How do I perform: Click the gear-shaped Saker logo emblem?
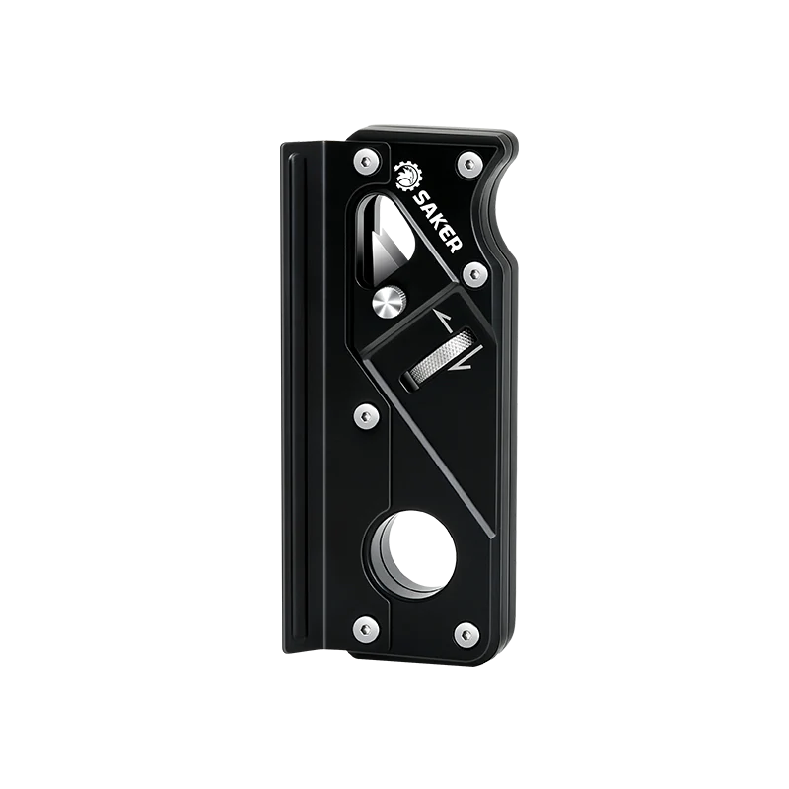pos(408,177)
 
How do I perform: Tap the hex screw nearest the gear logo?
pos(365,162)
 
